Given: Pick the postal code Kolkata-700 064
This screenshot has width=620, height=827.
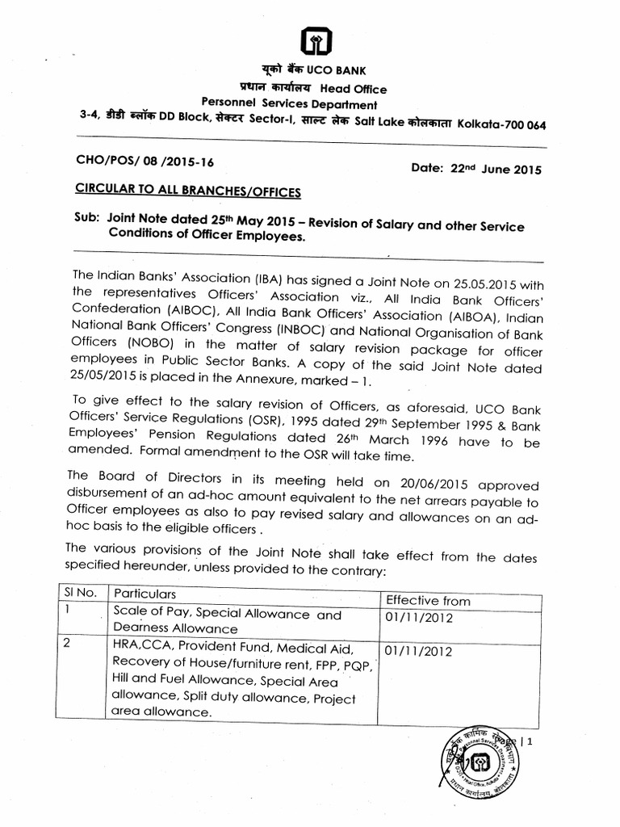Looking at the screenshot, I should click(x=501, y=124).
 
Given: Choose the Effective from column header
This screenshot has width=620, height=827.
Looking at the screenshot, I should click(x=427, y=600).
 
